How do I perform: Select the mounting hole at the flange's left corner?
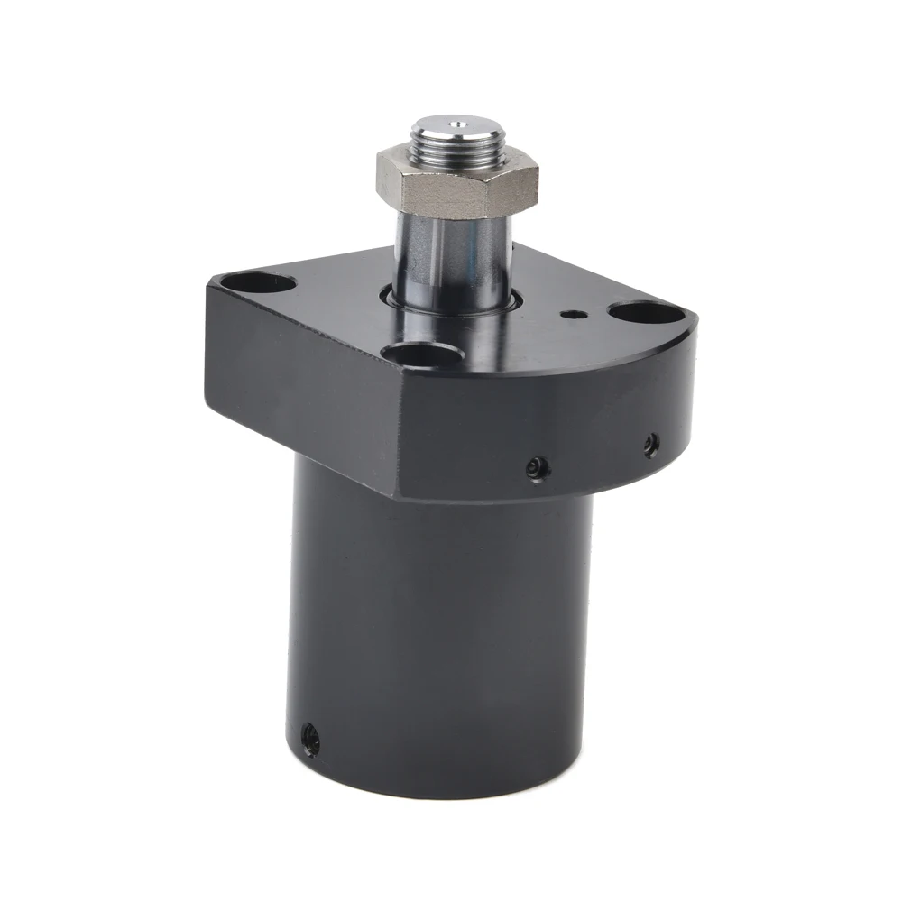262,283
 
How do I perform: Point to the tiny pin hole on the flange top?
570,315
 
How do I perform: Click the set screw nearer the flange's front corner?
538,467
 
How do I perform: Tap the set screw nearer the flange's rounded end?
650,443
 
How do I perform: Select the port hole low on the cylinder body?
309,739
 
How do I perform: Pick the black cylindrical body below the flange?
442,631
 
